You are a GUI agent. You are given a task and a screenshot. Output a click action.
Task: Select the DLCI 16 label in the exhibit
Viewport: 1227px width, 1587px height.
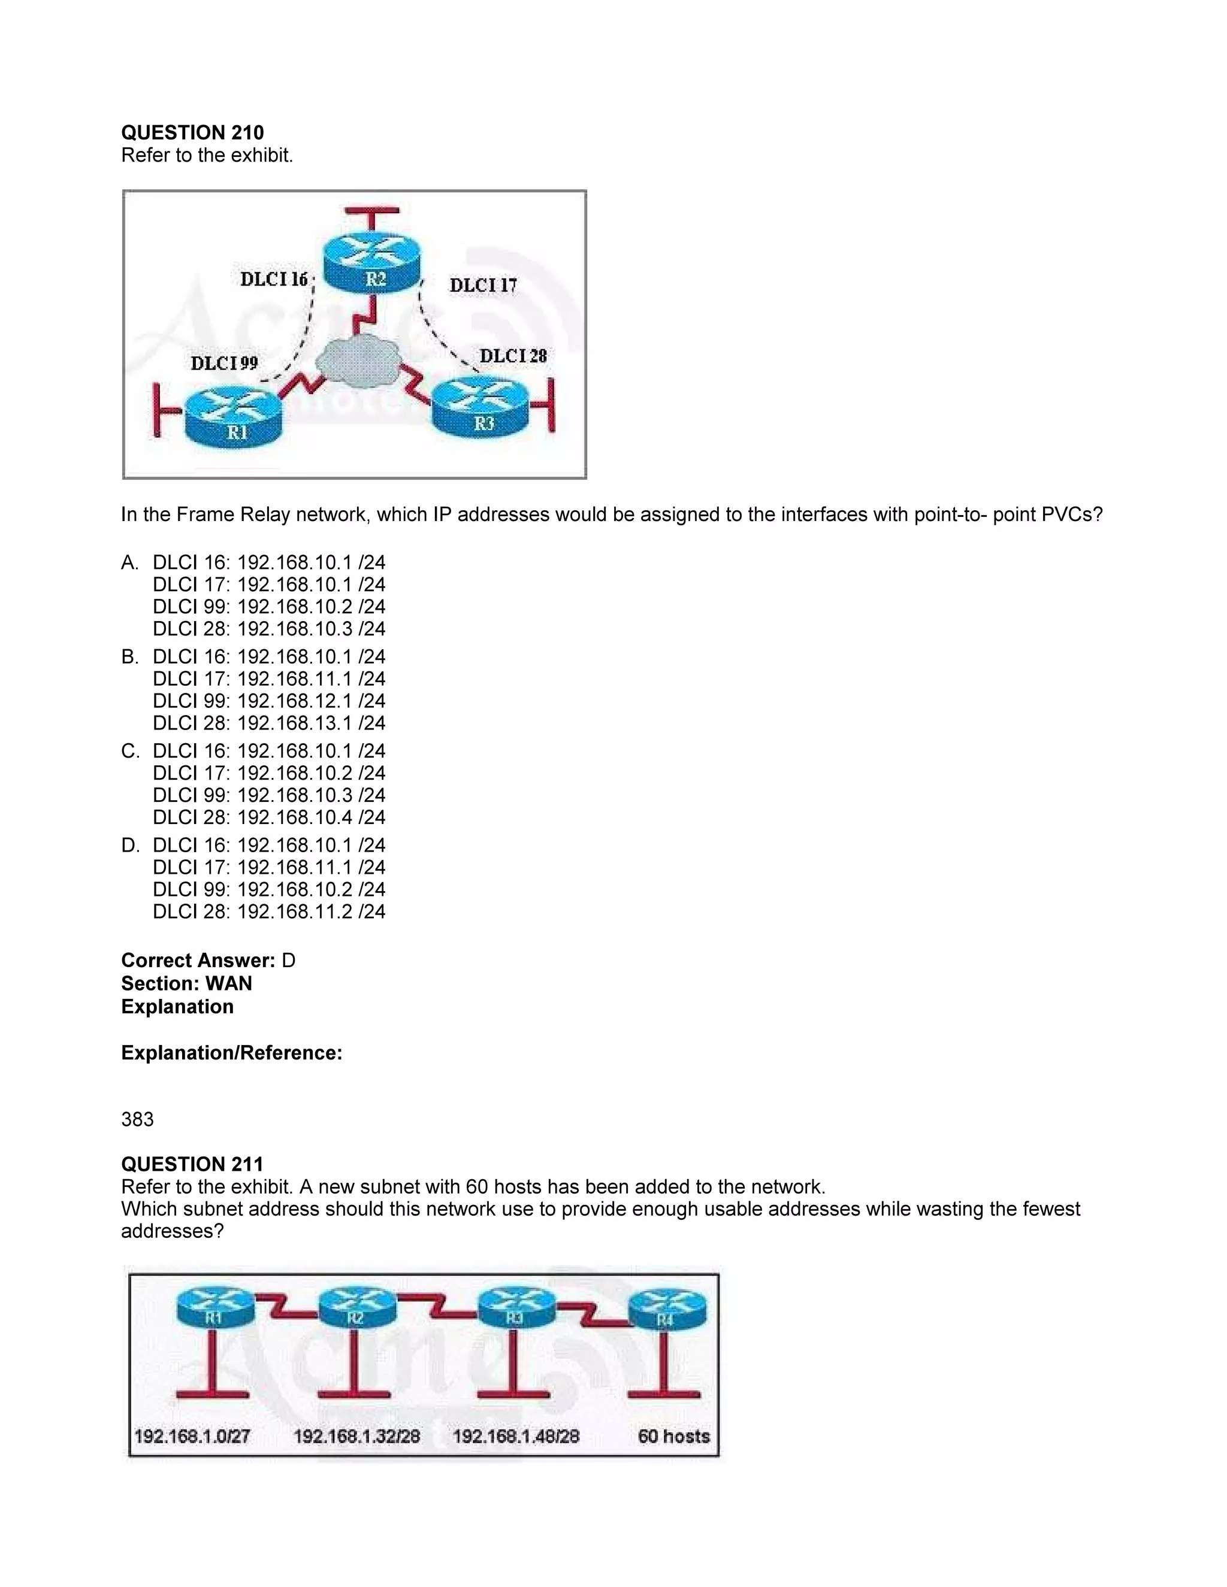[274, 280]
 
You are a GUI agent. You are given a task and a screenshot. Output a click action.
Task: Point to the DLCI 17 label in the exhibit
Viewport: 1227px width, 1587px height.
[483, 286]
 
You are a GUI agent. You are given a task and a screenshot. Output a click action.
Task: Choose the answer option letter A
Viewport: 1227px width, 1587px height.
[129, 562]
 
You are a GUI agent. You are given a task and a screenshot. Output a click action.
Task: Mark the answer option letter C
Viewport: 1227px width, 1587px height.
[130, 750]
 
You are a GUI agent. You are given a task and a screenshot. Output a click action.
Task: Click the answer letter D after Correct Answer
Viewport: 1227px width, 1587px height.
[289, 961]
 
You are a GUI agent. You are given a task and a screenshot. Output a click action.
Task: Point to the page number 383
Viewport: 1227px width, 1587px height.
[137, 1119]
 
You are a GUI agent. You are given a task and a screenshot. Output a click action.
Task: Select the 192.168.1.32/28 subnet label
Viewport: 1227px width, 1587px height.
[356, 1436]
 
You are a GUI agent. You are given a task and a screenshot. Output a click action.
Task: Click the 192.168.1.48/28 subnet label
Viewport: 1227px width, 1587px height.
[515, 1436]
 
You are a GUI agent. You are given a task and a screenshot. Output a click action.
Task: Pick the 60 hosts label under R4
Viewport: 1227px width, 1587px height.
[673, 1436]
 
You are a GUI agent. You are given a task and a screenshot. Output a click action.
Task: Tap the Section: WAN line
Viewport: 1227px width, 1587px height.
[187, 983]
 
